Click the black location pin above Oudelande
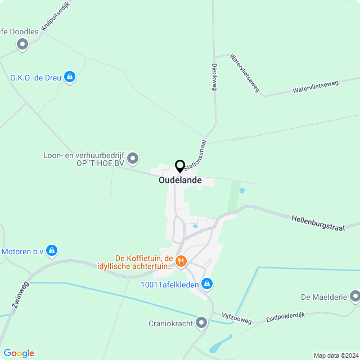tap(180, 166)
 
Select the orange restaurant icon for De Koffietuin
tap(181, 260)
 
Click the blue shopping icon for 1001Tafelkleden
tap(207, 283)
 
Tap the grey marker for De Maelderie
tap(355, 296)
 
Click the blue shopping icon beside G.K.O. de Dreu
tap(70, 76)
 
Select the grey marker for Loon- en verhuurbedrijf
tap(133, 158)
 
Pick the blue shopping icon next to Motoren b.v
tap(52, 250)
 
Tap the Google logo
tap(19, 353)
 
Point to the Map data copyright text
tap(336, 355)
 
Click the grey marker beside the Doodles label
tap(22, 44)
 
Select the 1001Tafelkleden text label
tap(168, 283)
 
